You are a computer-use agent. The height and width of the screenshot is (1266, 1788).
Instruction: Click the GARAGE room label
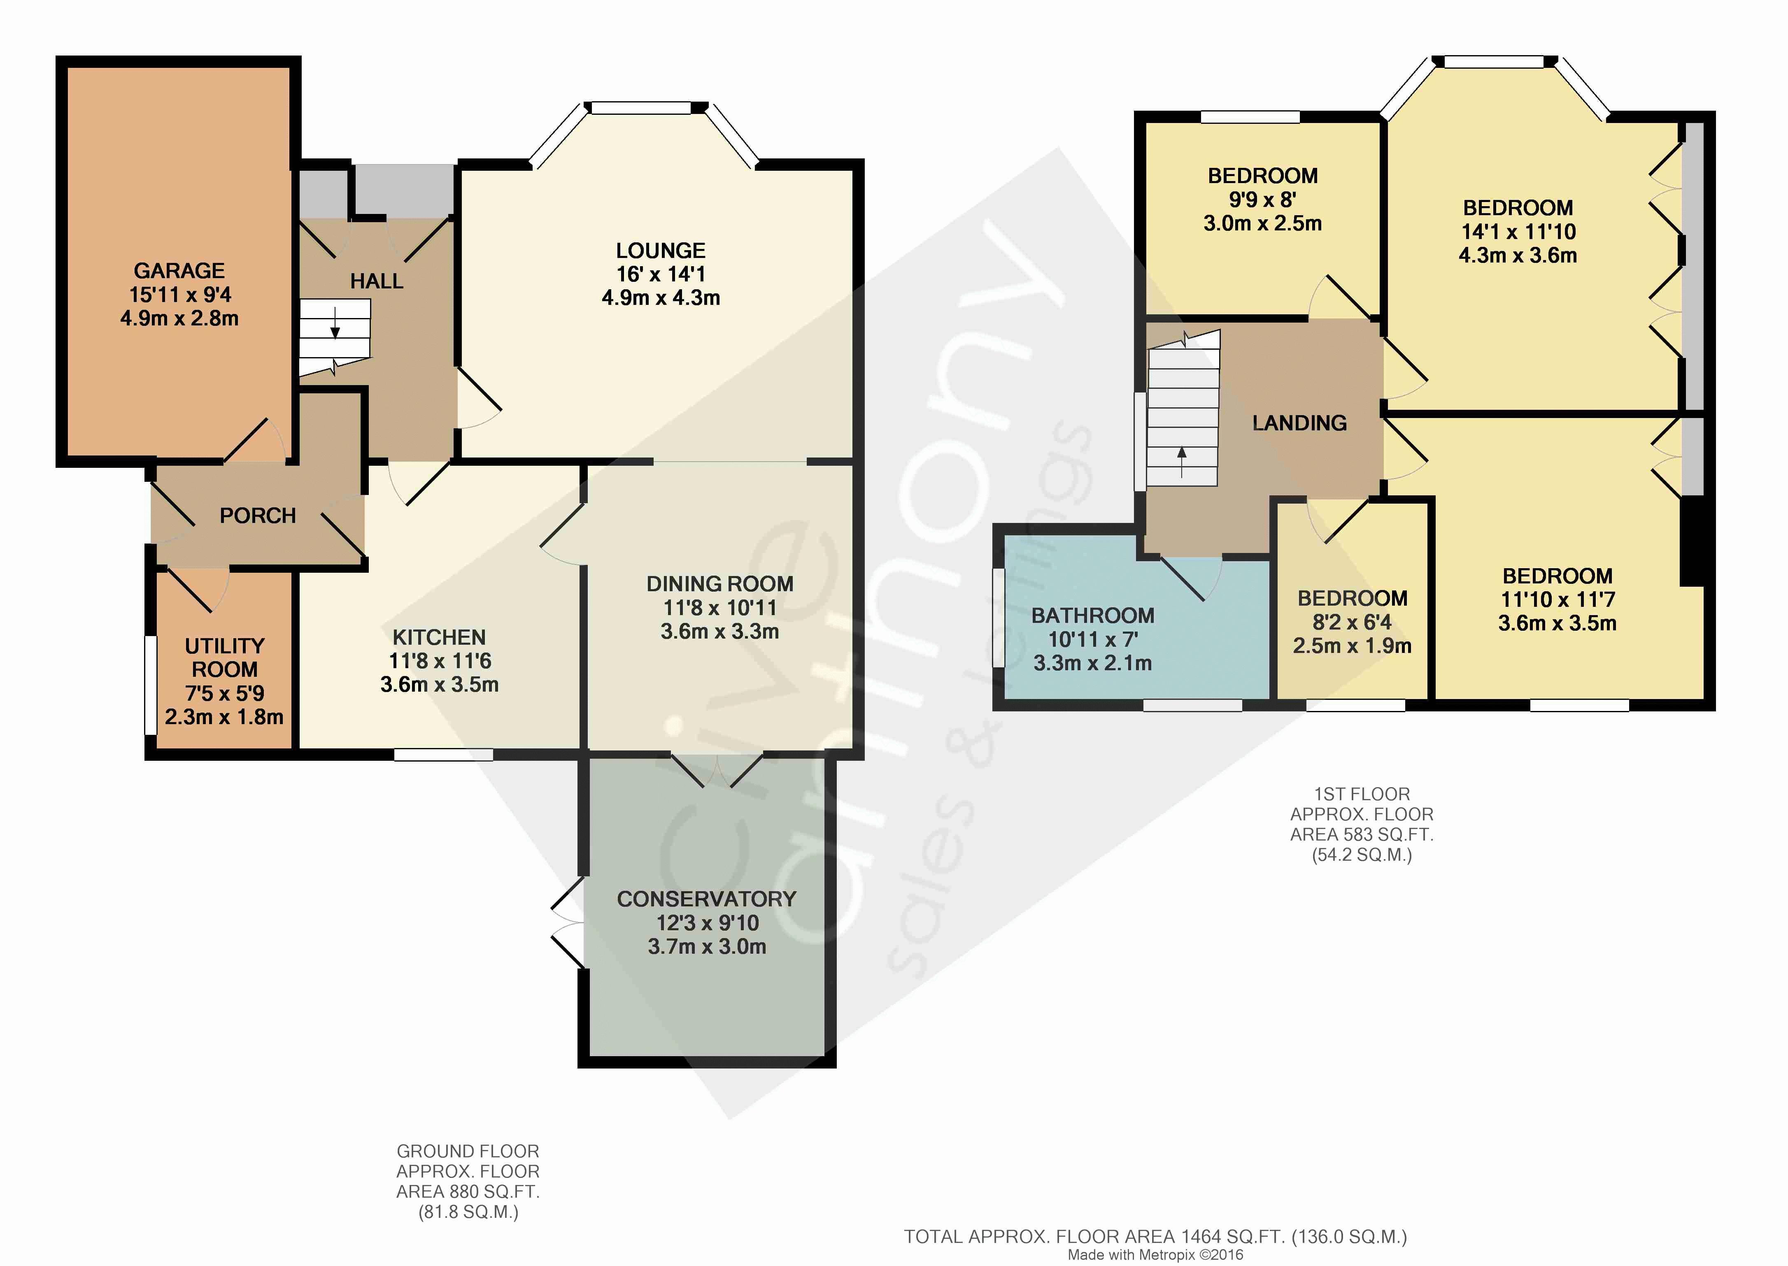click(179, 270)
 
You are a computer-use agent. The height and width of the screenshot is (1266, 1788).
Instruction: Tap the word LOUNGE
click(661, 250)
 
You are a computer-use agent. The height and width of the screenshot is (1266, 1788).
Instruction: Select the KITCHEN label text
click(439, 637)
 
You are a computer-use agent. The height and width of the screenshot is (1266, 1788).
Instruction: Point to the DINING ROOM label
click(720, 584)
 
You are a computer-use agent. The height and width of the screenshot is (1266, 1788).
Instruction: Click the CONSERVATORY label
click(706, 899)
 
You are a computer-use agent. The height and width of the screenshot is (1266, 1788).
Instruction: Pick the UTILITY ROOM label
click(225, 658)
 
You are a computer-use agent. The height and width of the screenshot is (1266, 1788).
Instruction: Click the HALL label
click(377, 281)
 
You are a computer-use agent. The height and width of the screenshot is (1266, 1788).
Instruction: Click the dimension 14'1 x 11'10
click(1518, 232)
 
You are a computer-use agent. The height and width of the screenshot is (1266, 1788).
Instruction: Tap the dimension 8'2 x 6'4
click(1352, 622)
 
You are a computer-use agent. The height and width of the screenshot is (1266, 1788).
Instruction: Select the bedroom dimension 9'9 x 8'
click(1262, 200)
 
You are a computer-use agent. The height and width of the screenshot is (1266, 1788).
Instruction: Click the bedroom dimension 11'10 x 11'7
click(1557, 599)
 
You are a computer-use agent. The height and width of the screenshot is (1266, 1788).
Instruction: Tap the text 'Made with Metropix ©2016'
click(1156, 1254)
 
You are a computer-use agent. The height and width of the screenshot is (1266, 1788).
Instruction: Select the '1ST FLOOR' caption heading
click(1362, 794)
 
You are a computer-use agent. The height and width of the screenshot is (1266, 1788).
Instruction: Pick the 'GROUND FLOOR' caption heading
click(468, 1151)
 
